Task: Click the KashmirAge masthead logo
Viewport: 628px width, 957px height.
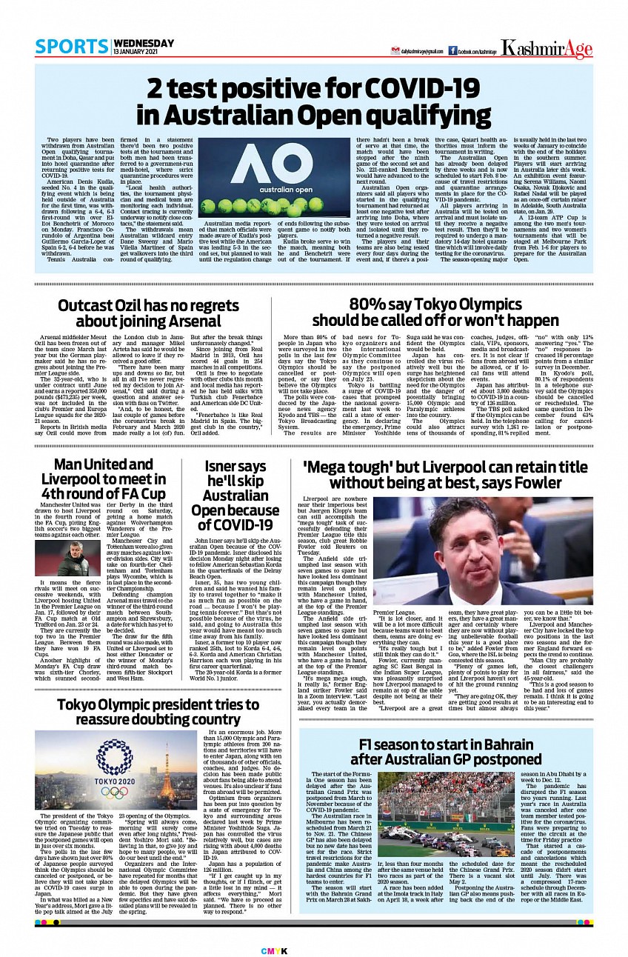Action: (x=547, y=49)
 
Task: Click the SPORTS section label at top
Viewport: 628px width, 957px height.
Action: (x=67, y=47)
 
